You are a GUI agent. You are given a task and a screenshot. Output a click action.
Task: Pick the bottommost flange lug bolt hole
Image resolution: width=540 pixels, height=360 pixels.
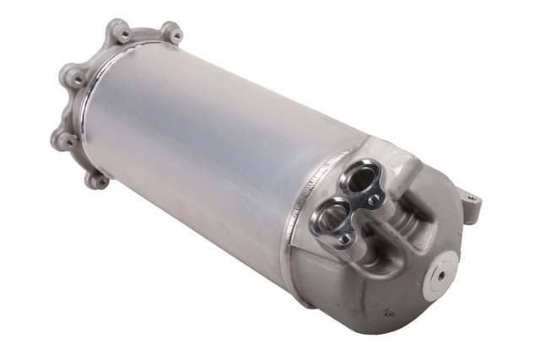(100, 179)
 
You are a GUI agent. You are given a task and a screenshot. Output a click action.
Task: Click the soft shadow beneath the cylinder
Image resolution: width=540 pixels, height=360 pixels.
(253, 278)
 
